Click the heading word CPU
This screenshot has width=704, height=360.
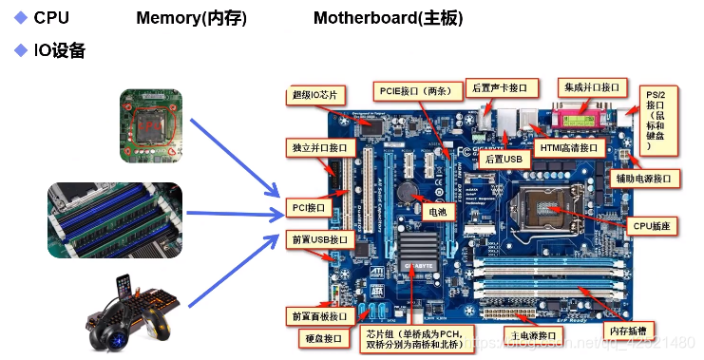point(51,18)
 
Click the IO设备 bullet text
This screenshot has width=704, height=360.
point(59,50)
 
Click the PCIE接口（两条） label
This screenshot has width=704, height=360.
point(419,91)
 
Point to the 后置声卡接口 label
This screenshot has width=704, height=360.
point(501,87)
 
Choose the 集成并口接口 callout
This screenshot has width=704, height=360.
point(589,87)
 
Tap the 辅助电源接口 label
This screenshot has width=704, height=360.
point(642,178)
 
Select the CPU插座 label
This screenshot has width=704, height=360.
point(652,226)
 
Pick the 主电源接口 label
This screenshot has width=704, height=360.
point(532,336)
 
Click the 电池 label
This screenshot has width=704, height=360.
point(438,213)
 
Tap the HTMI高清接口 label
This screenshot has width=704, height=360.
point(569,148)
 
